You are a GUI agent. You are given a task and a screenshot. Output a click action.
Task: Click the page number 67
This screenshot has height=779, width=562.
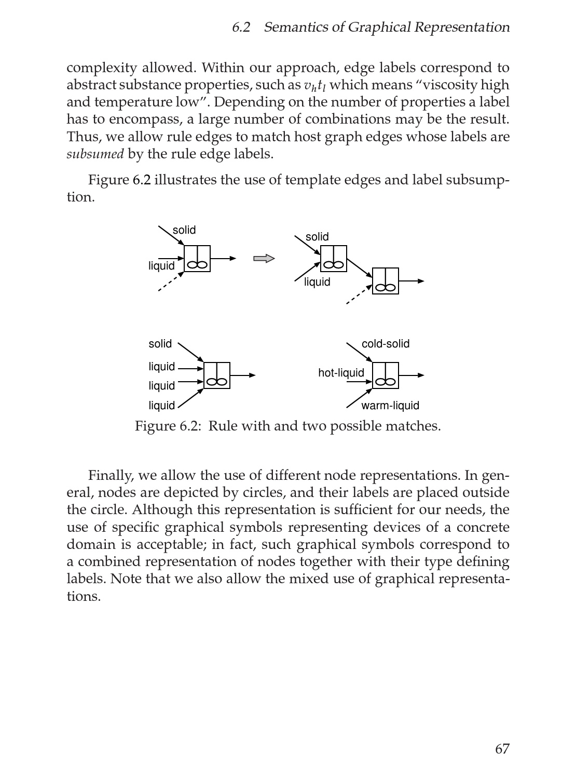(502, 748)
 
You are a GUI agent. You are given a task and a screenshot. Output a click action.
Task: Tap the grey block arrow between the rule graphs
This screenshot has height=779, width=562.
(264, 259)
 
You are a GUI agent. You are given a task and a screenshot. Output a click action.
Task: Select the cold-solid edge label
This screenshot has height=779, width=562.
(385, 344)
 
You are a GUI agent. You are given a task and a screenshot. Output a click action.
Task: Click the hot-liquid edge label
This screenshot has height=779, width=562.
(341, 373)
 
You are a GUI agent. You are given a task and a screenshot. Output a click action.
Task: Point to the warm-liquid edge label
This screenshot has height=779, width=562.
(390, 406)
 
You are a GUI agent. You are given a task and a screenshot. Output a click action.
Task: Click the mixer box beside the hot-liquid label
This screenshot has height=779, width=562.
(386, 375)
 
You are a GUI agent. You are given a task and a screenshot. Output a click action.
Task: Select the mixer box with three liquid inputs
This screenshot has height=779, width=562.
(217, 375)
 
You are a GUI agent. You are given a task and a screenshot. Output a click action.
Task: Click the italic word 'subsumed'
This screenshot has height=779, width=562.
(95, 154)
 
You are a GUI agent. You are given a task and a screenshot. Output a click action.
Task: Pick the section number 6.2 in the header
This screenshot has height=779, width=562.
(241, 28)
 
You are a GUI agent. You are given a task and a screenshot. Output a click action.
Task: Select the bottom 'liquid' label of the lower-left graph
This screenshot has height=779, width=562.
(161, 406)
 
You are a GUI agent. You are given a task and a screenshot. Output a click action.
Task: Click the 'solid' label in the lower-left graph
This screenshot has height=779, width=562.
(160, 344)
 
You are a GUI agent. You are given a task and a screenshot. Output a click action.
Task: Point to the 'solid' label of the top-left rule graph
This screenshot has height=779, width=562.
(184, 230)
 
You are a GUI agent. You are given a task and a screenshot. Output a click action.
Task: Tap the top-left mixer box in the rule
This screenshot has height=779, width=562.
(197, 259)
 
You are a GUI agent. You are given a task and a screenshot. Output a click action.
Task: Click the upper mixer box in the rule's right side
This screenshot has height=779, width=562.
(333, 259)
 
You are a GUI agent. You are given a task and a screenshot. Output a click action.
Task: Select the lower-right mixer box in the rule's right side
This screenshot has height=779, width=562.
(386, 281)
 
